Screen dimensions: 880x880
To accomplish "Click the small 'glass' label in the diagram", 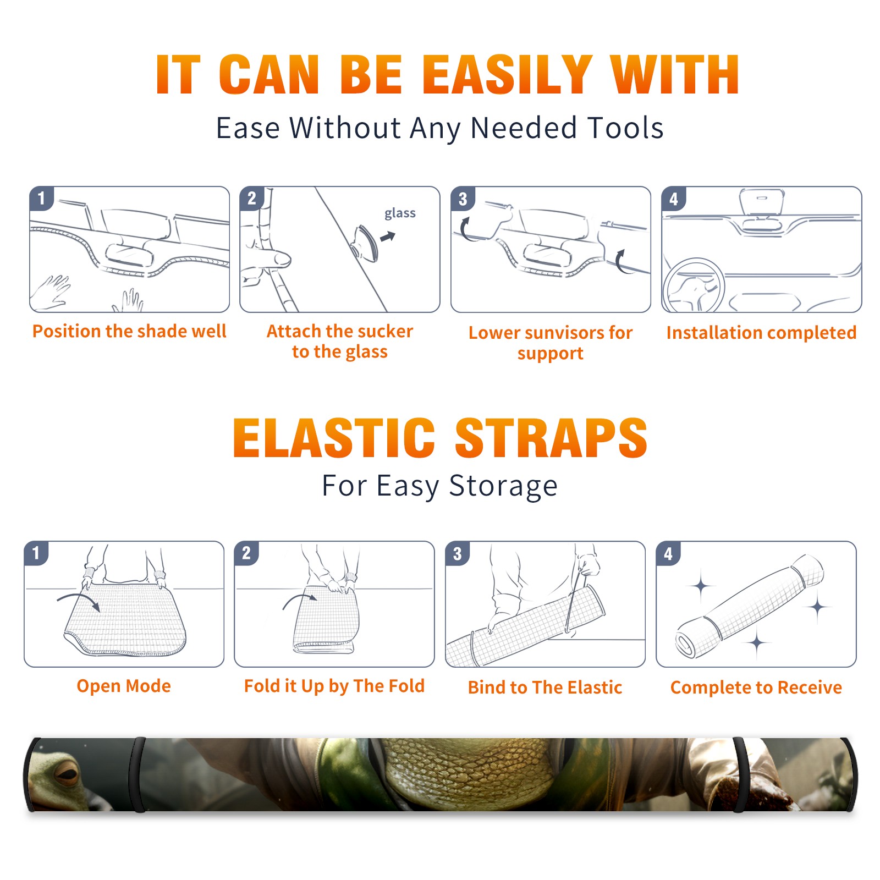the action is pyautogui.click(x=400, y=213).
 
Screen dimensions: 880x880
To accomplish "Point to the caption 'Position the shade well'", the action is pyautogui.click(x=129, y=331).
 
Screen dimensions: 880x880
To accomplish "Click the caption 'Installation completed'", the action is pyautogui.click(x=761, y=332).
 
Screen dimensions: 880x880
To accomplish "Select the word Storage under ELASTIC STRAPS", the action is pyautogui.click(x=503, y=486).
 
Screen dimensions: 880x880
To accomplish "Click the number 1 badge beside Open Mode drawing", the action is pyautogui.click(x=36, y=553).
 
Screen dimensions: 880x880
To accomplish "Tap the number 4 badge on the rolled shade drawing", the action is pyautogui.click(x=668, y=553).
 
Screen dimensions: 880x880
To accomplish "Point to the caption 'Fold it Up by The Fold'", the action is pyautogui.click(x=334, y=686).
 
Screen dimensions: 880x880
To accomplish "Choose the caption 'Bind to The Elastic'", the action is pyautogui.click(x=545, y=687).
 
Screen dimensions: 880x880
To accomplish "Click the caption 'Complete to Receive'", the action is pyautogui.click(x=756, y=687).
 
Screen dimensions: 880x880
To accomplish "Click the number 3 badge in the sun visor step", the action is pyautogui.click(x=463, y=199).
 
